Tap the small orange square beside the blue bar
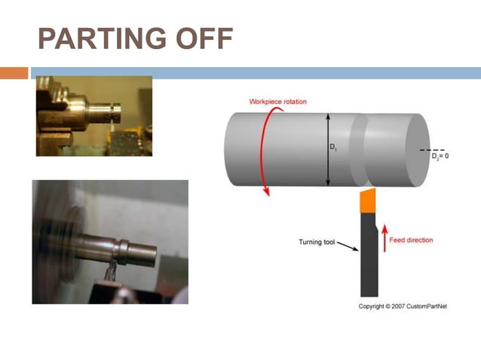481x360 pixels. point(14,73)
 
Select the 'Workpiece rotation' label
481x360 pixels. point(278,102)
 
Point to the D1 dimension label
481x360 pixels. point(333,148)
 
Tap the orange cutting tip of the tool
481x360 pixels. point(368,202)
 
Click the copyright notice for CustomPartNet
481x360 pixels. point(402,307)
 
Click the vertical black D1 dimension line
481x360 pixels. point(327,150)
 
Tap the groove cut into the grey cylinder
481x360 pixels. point(358,151)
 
